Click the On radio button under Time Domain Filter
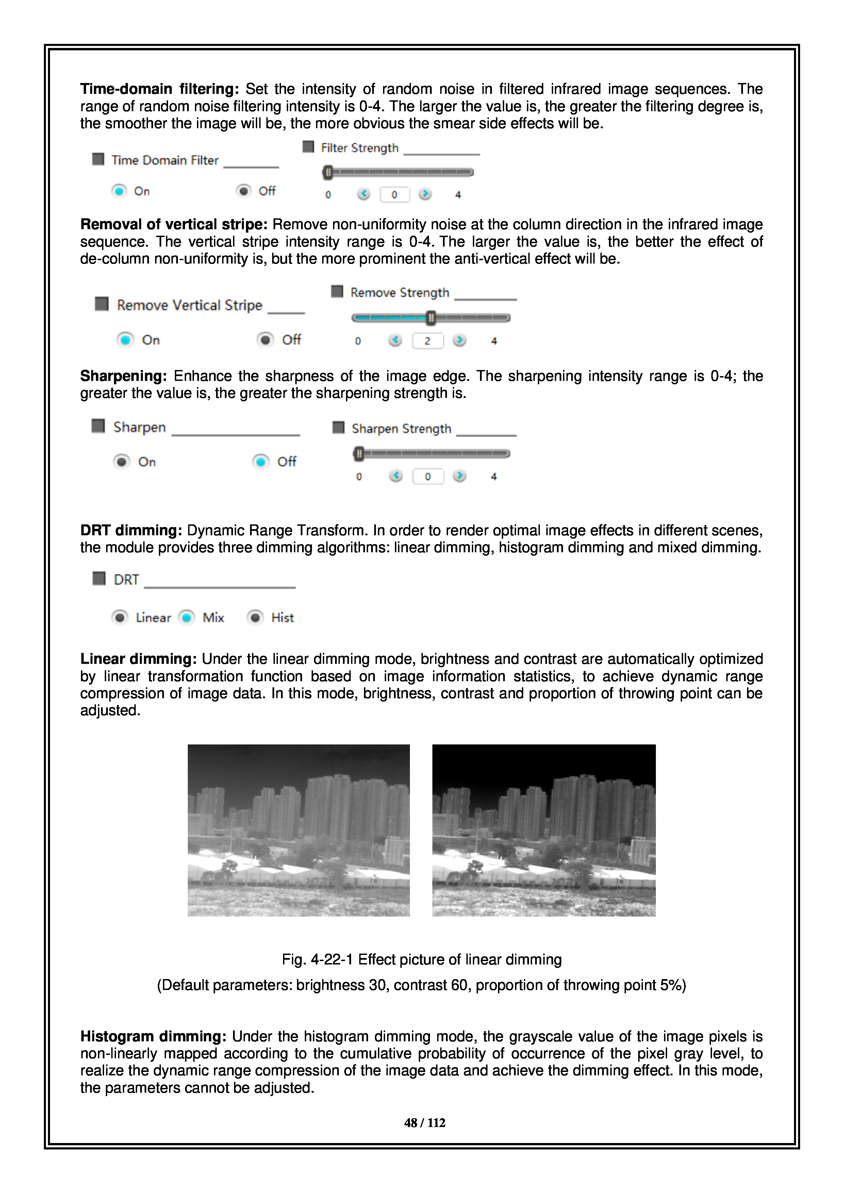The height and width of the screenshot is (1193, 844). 119,191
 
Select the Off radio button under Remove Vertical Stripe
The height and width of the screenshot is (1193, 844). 265,340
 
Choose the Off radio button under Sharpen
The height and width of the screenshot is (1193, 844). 260,461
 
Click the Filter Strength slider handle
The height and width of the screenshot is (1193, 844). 327,172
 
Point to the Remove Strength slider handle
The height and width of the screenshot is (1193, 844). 431,318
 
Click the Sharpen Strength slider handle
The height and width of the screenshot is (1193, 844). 359,454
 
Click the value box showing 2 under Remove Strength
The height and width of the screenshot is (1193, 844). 427,341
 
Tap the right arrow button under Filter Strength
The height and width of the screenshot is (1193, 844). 425,194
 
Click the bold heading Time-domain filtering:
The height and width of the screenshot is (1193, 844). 159,89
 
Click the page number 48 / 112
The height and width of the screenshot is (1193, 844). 425,1123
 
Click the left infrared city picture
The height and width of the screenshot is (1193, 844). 298,830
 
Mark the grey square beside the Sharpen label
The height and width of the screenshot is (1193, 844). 98,426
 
